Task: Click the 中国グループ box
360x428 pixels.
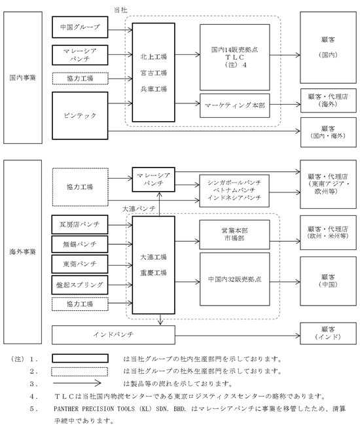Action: [80, 27]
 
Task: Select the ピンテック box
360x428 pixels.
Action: [80, 116]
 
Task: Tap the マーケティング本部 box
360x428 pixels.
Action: [235, 105]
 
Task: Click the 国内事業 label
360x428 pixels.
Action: [23, 78]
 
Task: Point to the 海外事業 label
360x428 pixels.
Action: [23, 252]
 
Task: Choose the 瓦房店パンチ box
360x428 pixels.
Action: [80, 224]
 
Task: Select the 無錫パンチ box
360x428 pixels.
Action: [80, 244]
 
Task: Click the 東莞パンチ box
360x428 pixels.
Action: [80, 264]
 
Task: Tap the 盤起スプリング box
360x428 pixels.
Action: [80, 285]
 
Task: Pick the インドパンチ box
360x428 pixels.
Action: [113, 334]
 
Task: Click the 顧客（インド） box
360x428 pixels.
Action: [328, 333]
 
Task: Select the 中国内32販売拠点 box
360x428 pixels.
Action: [235, 279]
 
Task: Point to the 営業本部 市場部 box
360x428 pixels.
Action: [235, 235]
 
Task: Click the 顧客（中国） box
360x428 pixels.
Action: [328, 281]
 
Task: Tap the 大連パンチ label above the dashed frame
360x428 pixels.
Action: [139, 209]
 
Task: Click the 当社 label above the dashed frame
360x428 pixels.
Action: [120, 10]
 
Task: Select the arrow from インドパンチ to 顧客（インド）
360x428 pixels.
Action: [238, 336]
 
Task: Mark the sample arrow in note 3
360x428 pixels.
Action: [77, 383]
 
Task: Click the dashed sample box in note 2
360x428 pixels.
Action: [79, 372]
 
